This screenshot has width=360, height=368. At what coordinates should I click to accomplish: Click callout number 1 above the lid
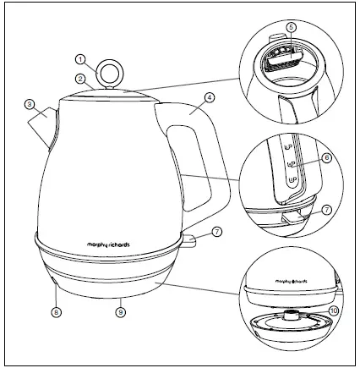(80, 59)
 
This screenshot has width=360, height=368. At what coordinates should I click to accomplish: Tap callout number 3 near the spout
(30, 105)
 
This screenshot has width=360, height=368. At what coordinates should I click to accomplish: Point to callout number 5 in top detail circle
(291, 26)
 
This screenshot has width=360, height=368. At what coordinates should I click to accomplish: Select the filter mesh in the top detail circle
(283, 54)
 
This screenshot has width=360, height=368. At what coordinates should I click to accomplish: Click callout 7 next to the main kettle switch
(216, 230)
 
